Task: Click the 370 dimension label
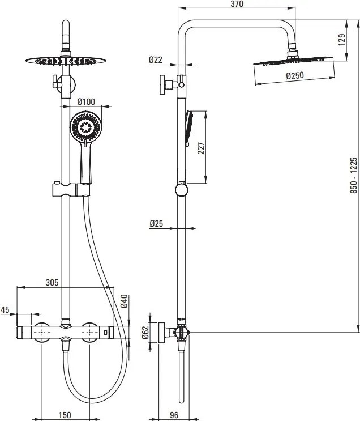(x=237, y=4)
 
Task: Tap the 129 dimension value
(x=341, y=40)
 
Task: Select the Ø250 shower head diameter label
(x=295, y=75)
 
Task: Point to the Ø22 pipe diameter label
(x=156, y=59)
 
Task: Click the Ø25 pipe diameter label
(x=156, y=223)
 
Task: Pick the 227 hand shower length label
(x=201, y=148)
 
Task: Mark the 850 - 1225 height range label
(x=354, y=176)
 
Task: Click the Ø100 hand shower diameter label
(x=86, y=101)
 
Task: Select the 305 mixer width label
(x=52, y=282)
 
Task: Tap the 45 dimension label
(x=5, y=309)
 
